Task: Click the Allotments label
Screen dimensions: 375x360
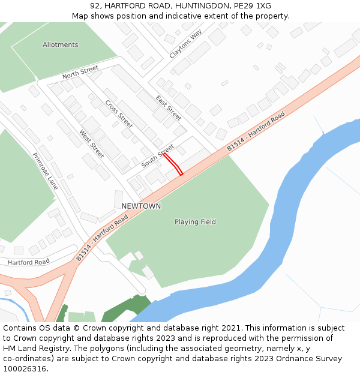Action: point(60,45)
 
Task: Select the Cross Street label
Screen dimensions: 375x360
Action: point(119,113)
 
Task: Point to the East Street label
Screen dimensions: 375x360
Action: point(168,108)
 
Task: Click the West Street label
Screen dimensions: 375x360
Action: point(92,144)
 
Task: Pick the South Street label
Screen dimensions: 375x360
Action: point(157,156)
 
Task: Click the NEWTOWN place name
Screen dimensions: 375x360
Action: point(141,206)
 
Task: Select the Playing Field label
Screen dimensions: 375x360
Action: point(195,222)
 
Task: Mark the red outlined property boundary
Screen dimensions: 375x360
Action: point(173,164)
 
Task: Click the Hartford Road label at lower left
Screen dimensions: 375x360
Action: point(29,262)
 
